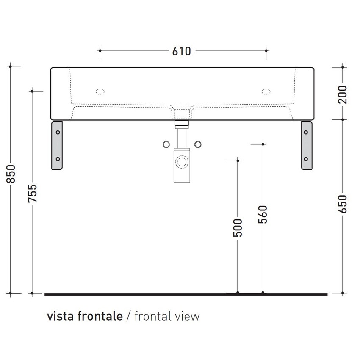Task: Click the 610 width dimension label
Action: (x=182, y=51)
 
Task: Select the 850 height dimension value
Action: (x=12, y=174)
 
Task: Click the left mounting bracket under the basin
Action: (x=57, y=145)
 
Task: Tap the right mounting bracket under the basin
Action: (x=307, y=145)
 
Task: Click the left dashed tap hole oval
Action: (x=100, y=91)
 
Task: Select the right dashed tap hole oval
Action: (x=266, y=91)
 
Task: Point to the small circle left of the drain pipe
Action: (x=166, y=144)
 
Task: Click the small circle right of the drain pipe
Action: (x=197, y=144)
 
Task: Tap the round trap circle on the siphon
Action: (x=182, y=162)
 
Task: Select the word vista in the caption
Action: (x=60, y=316)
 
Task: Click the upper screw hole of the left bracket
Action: (x=57, y=132)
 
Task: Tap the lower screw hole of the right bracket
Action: (x=306, y=159)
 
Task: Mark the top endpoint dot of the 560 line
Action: (x=263, y=144)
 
